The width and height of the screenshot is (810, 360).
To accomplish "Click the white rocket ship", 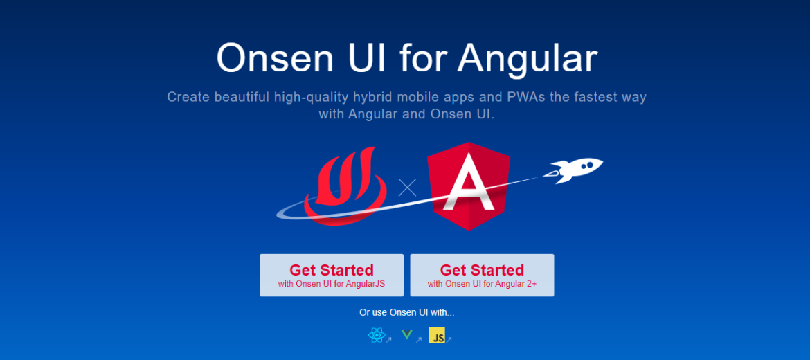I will pyautogui.click(x=576, y=169).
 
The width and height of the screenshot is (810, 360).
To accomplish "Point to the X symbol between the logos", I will pyautogui.click(x=407, y=187).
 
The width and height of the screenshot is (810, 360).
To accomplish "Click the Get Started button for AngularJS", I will pyautogui.click(x=331, y=275).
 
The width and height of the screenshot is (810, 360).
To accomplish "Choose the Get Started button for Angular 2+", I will pyautogui.click(x=482, y=275).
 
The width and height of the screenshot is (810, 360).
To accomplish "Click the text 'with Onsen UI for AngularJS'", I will pyautogui.click(x=331, y=284).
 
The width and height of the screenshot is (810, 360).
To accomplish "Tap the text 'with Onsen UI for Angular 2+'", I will pyautogui.click(x=482, y=284).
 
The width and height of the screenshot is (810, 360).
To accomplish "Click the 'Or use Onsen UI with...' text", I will pyautogui.click(x=406, y=312).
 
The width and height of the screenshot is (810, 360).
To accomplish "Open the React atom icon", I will pyautogui.click(x=376, y=336).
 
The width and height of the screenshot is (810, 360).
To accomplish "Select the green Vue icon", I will pyautogui.click(x=407, y=336).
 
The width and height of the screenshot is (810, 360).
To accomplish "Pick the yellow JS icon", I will pyautogui.click(x=437, y=336).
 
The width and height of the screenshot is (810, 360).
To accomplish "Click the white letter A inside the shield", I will pyautogui.click(x=469, y=187).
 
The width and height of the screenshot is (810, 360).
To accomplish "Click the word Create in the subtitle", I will pyautogui.click(x=188, y=97).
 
